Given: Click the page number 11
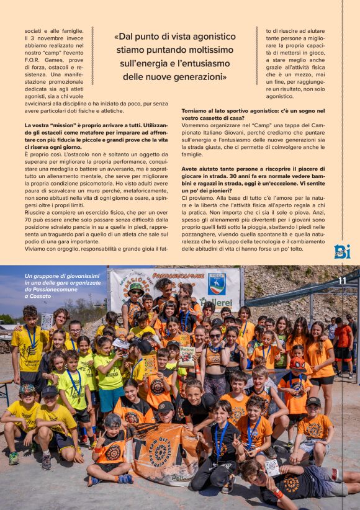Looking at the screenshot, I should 342,280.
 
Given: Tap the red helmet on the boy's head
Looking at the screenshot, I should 297,363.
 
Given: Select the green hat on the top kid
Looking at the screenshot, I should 137,288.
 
